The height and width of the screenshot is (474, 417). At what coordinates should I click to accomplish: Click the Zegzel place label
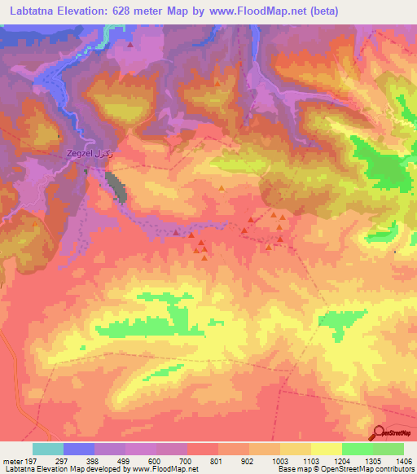tap(85, 153)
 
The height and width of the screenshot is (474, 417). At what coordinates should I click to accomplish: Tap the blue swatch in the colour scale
tap(78, 449)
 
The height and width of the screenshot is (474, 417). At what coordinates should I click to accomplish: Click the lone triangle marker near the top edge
tap(129, 45)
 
